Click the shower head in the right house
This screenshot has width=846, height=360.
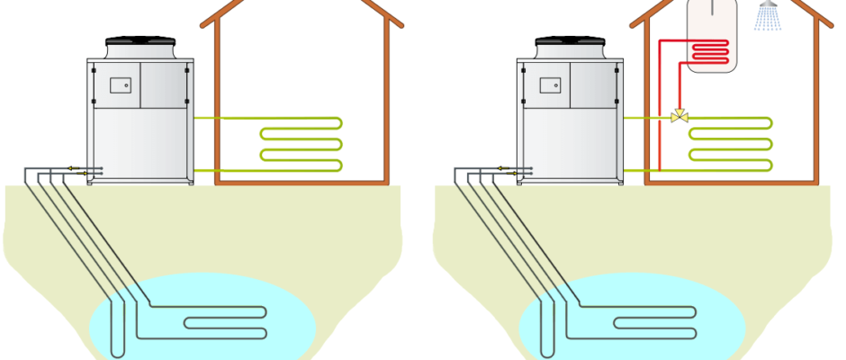768,5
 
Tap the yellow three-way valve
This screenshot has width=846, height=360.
679,117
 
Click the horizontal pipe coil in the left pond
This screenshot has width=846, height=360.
225,319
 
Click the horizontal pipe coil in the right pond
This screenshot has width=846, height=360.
655,319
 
